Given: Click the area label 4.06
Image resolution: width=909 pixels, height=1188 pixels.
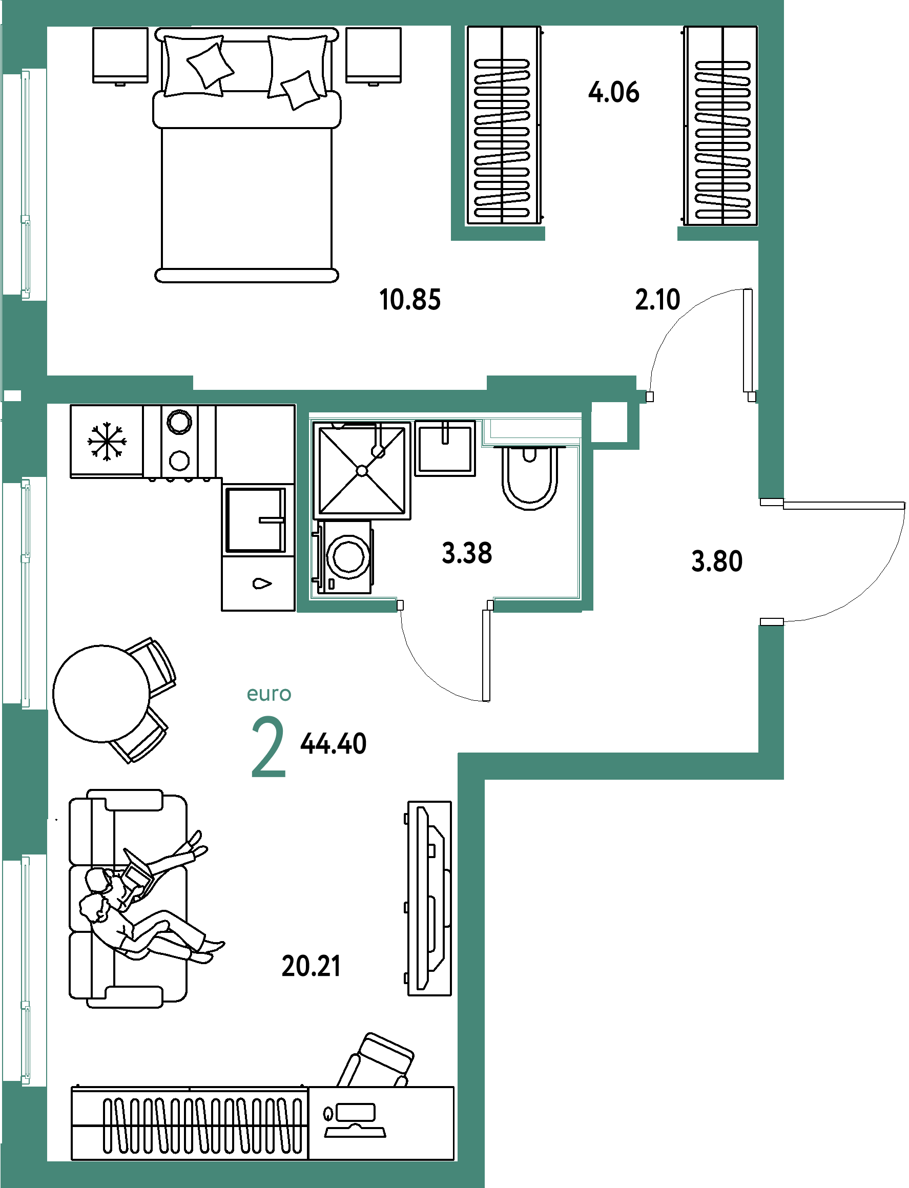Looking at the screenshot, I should [x=613, y=92].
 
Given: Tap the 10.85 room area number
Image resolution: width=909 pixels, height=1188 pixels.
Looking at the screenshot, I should [x=410, y=299].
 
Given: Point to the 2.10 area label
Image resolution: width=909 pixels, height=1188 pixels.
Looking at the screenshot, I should [x=657, y=299].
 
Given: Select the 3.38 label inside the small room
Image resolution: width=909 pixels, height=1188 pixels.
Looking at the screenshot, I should [x=467, y=553].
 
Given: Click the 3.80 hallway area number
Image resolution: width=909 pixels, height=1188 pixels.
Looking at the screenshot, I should [x=717, y=561].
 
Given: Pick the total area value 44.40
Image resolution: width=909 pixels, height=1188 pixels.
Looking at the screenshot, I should [x=333, y=743].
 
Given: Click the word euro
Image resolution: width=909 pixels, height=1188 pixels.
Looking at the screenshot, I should [x=269, y=694].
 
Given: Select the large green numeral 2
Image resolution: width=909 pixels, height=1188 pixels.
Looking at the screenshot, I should [x=268, y=747].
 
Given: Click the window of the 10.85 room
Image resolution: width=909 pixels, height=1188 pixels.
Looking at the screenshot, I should [x=25, y=184].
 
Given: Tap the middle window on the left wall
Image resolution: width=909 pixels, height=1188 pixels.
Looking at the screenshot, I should [x=25, y=592].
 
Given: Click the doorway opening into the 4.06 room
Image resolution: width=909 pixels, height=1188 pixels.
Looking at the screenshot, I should [x=611, y=234].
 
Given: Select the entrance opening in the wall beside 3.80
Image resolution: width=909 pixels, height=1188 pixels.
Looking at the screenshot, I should [x=772, y=561].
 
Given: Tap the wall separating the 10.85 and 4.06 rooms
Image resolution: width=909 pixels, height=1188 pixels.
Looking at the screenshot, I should [x=458, y=130].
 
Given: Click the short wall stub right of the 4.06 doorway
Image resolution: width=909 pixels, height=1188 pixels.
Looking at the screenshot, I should [x=717, y=234].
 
